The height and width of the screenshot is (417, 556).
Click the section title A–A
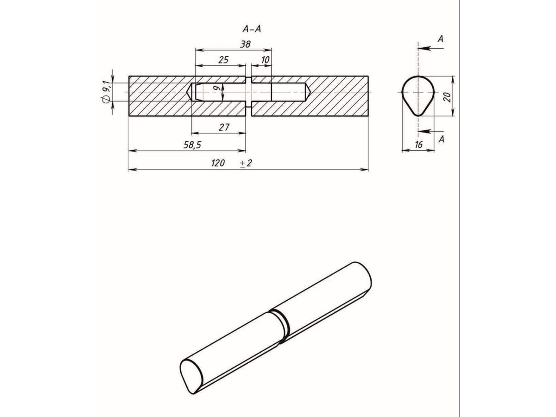coord(252,29)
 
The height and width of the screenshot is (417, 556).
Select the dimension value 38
coord(245,44)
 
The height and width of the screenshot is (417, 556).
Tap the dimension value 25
coord(223,60)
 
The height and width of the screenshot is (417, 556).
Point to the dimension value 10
coord(265,60)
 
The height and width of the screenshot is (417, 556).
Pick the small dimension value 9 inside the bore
coord(216,88)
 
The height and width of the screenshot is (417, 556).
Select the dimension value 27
coord(224,127)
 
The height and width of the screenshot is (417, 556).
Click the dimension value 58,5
coord(192,145)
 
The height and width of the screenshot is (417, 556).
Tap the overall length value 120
coord(218,163)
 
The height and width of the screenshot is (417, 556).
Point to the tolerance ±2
coord(246,163)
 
